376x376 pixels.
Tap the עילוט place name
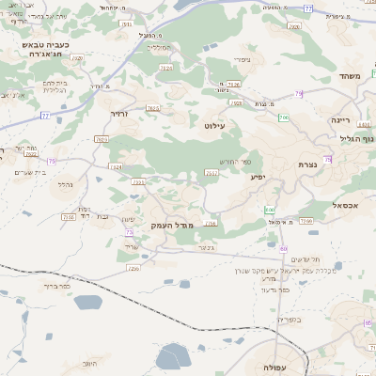click(214, 124)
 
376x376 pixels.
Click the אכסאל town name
click(347, 204)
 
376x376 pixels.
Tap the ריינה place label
click(339, 120)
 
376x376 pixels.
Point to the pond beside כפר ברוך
click(87, 302)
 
